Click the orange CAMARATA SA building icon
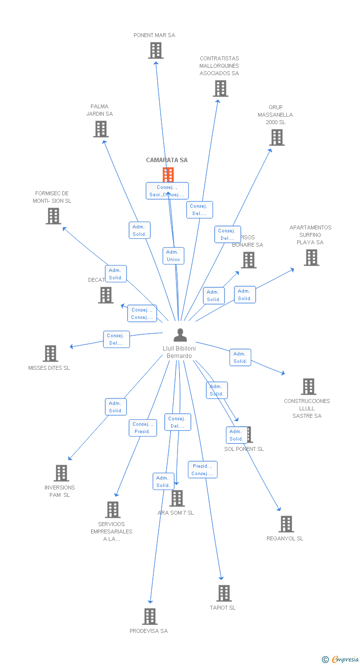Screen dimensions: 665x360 click(168, 175)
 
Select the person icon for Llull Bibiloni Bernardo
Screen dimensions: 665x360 click(180, 335)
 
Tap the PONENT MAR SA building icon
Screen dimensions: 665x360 click(155, 50)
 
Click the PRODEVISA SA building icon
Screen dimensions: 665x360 click(150, 617)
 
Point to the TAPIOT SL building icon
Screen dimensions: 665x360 click(224, 593)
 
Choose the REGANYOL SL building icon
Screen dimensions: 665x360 click(286, 524)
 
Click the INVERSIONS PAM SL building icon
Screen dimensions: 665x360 click(61, 473)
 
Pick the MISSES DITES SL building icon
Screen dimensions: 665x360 click(50, 354)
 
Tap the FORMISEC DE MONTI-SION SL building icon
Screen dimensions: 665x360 click(53, 216)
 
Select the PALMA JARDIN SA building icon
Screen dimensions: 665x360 click(101, 129)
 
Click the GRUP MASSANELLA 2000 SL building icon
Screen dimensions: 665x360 click(277, 137)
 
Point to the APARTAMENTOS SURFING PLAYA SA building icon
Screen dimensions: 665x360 click(311, 258)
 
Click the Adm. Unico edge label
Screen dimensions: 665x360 click(173, 256)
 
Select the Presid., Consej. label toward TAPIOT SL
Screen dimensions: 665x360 click(202, 470)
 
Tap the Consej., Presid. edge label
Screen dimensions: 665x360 click(143, 428)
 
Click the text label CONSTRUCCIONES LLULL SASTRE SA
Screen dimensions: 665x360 click(307, 408)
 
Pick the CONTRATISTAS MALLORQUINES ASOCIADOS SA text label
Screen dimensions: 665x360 click(219, 66)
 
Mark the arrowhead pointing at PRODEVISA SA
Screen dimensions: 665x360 click(150, 601)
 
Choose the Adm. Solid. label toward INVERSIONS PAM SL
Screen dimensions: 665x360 click(116, 407)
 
